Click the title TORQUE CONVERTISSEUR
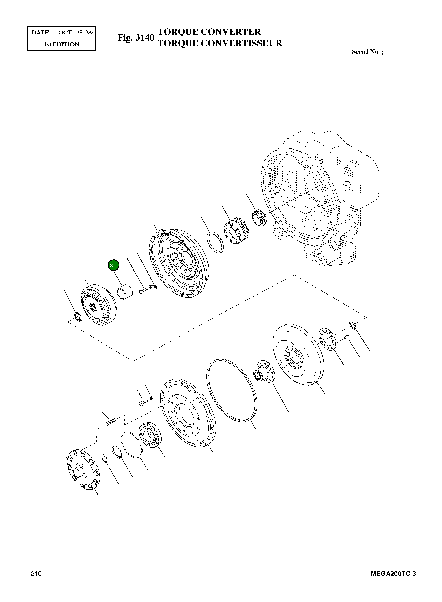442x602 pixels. (x=220, y=43)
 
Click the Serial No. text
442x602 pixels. (x=367, y=52)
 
